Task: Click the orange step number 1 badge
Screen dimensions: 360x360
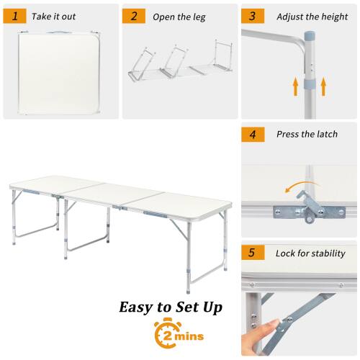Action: point(14,15)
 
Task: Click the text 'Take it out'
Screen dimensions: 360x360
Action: point(54,15)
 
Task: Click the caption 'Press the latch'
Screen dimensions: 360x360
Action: point(306,134)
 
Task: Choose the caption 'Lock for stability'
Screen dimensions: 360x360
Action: point(310,253)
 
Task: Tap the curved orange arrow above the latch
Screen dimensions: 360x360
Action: point(294,189)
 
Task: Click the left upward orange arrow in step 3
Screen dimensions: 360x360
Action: point(295,87)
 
